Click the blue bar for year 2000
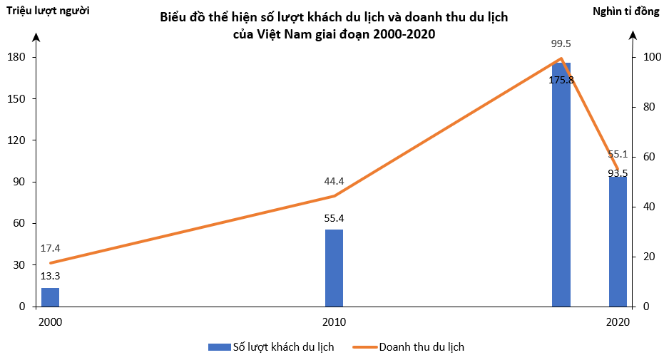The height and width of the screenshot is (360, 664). (50, 297)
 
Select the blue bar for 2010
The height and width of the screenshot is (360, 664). (334, 268)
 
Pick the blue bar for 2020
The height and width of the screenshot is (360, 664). (618, 242)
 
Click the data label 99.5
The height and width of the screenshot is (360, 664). (561, 43)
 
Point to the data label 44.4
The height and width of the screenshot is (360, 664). (334, 181)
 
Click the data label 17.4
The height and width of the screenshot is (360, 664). (50, 248)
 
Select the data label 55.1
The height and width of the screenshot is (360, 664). (618, 154)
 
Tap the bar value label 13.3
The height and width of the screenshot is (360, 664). (50, 276)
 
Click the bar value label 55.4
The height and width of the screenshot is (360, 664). (334, 218)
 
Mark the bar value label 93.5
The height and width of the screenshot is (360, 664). (618, 173)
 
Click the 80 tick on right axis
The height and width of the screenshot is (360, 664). (648, 107)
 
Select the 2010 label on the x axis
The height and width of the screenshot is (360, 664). (334, 322)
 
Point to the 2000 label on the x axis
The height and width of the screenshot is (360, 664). (50, 322)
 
